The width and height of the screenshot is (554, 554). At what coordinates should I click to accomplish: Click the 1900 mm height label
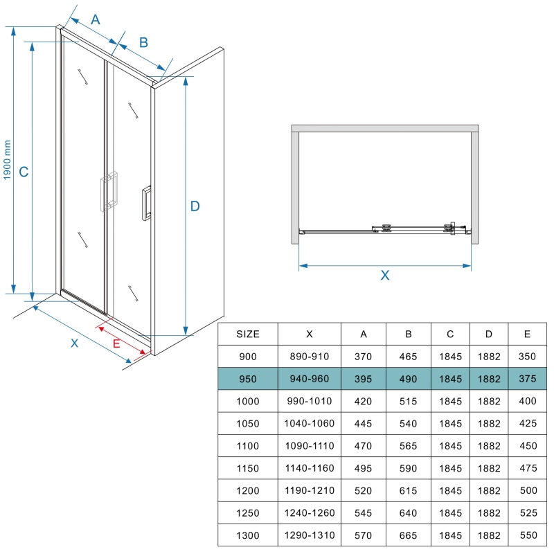point(7,160)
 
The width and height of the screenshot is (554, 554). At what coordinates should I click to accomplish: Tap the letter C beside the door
point(24,172)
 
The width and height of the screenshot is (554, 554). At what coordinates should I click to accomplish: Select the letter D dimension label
point(195,206)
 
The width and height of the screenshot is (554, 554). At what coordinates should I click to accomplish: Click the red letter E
point(116,343)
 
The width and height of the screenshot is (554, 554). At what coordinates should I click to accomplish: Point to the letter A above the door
point(96,19)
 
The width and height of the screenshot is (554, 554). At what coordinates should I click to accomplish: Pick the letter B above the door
point(143,42)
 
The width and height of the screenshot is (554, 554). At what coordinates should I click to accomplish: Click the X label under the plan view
point(385,275)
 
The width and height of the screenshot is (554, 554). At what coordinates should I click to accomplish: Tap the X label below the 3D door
point(74,343)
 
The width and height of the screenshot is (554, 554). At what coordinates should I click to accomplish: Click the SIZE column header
point(248,334)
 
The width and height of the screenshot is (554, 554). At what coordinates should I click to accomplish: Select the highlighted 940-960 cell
point(310,379)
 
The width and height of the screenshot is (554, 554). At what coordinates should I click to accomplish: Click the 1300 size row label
point(248,535)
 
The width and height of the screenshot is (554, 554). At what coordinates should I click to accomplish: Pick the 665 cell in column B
point(408,535)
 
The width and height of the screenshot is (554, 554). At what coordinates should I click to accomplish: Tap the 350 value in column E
point(527,357)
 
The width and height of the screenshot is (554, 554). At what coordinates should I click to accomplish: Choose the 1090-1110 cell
point(310,446)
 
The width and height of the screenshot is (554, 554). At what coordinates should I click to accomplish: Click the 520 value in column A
point(363,491)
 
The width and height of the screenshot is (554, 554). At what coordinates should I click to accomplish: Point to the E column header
point(527,334)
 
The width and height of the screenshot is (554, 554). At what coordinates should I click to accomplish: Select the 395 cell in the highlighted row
point(363,379)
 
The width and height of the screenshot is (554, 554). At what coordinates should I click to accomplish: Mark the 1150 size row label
point(248,469)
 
